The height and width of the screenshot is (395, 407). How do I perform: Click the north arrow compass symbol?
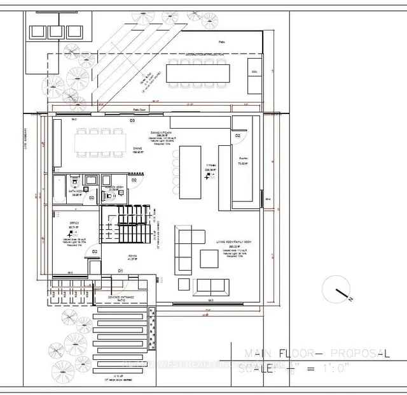point(337,290)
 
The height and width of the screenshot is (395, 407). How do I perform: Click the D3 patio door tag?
point(133,120)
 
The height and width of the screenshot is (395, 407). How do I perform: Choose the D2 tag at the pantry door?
point(238,136)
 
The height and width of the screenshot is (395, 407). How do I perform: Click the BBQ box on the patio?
point(253,72)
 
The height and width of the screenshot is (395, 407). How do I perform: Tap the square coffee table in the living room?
point(209,258)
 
